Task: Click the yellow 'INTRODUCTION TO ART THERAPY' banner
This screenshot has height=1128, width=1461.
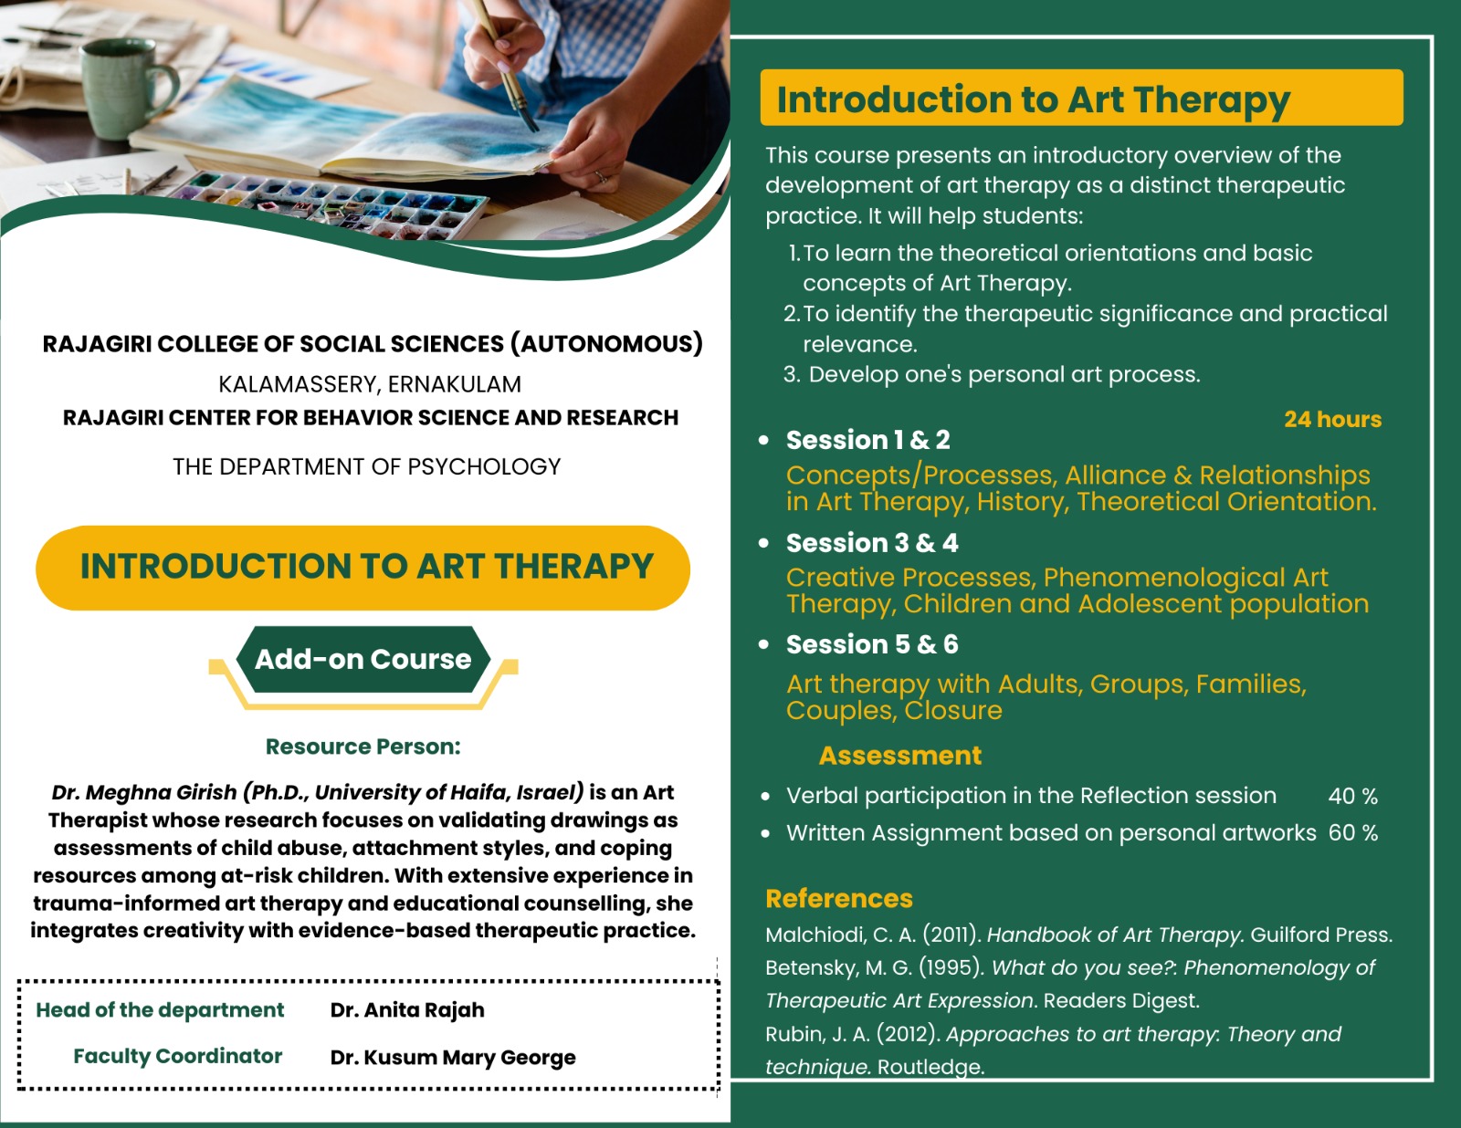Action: [363, 568]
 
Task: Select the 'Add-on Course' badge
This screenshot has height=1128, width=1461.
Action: [363, 659]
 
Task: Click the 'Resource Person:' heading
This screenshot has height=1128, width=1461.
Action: [363, 747]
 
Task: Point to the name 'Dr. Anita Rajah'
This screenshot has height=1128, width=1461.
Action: [406, 1009]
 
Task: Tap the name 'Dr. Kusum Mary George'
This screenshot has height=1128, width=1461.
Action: [453, 1057]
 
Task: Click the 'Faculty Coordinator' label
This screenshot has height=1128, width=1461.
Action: [177, 1056]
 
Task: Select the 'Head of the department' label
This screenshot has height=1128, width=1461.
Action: [160, 1009]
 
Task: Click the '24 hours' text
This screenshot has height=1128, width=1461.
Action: [1332, 419]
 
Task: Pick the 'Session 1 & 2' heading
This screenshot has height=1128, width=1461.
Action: [868, 440]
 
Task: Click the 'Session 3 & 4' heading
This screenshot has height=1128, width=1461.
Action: [872, 543]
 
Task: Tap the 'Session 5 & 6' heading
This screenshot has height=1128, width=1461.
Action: [872, 644]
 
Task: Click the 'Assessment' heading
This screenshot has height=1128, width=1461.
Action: [900, 756]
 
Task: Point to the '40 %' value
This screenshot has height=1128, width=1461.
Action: [1352, 796]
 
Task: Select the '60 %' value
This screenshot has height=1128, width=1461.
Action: [1352, 833]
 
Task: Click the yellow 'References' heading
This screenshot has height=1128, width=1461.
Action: [839, 898]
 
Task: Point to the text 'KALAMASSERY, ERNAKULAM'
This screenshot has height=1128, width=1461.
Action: [370, 384]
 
